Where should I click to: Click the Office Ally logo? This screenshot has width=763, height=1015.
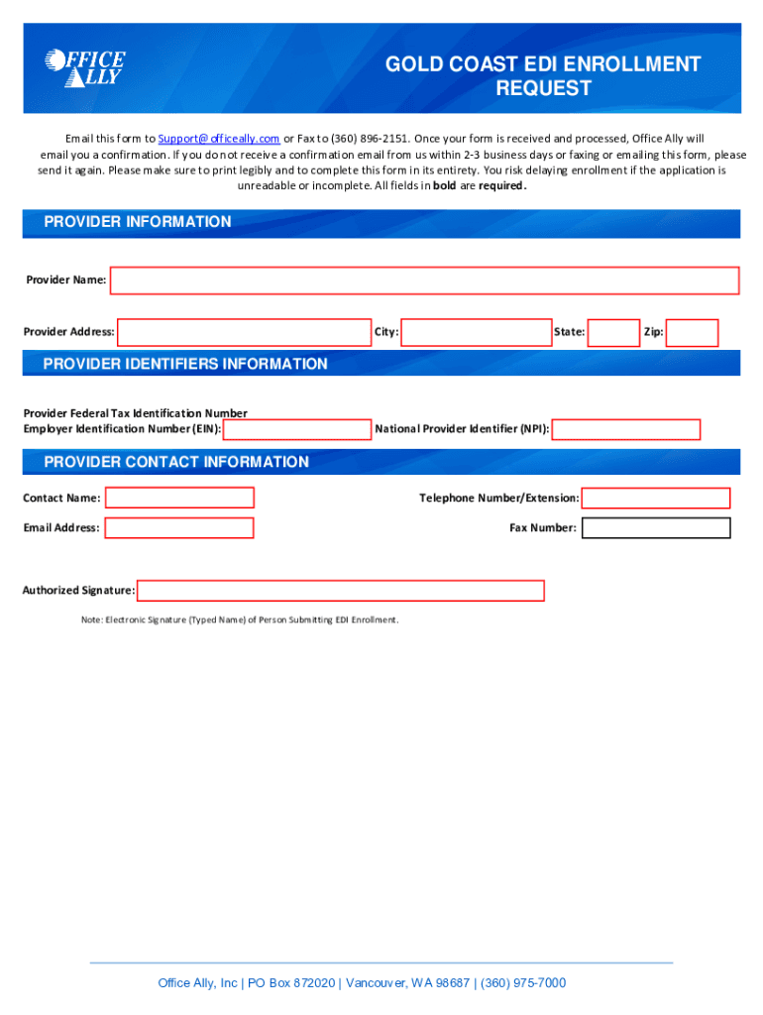[84, 66]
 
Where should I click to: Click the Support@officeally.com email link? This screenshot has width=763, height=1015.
[219, 139]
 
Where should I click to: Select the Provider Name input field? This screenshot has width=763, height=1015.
[424, 281]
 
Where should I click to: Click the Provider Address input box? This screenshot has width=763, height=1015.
[244, 332]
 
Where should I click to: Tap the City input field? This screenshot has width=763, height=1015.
[477, 332]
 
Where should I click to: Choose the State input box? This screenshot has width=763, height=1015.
[613, 332]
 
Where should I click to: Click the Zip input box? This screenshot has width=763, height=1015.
[692, 332]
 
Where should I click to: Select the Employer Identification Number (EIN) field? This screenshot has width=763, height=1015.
[297, 429]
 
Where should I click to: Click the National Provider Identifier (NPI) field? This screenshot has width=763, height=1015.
[626, 429]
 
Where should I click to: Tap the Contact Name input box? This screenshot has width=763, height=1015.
[179, 498]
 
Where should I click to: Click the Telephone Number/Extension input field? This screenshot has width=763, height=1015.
[656, 498]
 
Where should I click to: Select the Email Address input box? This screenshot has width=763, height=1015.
[179, 528]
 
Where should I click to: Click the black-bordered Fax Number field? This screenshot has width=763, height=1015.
[656, 528]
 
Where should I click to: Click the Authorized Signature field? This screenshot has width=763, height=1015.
[341, 591]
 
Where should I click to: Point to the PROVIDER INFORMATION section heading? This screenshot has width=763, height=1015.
[138, 222]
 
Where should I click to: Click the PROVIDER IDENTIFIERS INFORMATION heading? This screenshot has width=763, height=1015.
[185, 364]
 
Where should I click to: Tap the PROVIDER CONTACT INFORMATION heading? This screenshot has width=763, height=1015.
[176, 462]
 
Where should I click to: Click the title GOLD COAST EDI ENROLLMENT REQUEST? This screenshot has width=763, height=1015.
[542, 76]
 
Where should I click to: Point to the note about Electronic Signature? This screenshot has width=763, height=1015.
[240, 620]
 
